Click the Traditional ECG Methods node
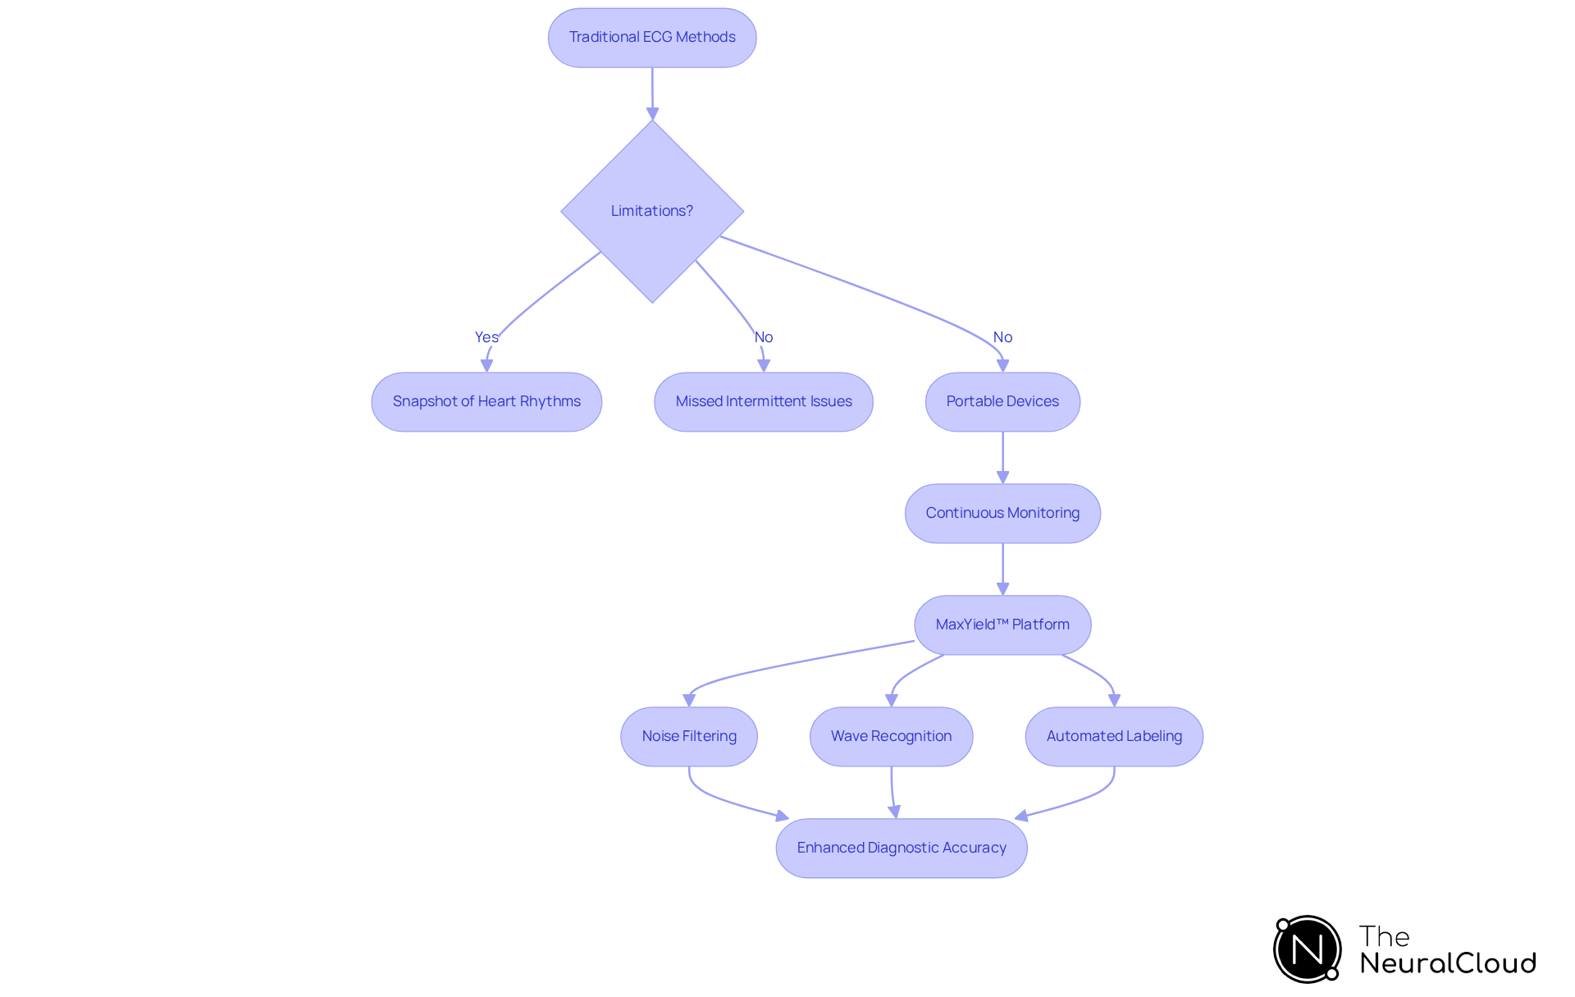[x=652, y=38]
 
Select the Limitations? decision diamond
[x=652, y=211]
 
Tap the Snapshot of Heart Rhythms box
[x=486, y=402]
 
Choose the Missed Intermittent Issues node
[x=764, y=402]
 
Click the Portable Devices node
[x=1002, y=402]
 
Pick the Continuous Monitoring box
[x=1002, y=514]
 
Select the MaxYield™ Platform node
[x=1002, y=625]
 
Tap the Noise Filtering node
[x=689, y=737]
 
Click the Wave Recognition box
[x=891, y=737]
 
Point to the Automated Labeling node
[x=1114, y=737]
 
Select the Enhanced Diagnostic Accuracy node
[x=902, y=848]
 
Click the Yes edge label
[x=486, y=337]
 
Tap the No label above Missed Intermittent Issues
[x=764, y=337]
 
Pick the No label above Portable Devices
[x=1002, y=337]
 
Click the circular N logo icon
[x=1308, y=949]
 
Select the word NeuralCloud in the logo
[x=1448, y=963]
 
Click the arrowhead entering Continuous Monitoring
[x=1002, y=477]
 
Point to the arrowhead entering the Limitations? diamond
[x=652, y=113]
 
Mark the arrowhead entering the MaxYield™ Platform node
[x=1002, y=588]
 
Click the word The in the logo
[x=1384, y=936]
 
